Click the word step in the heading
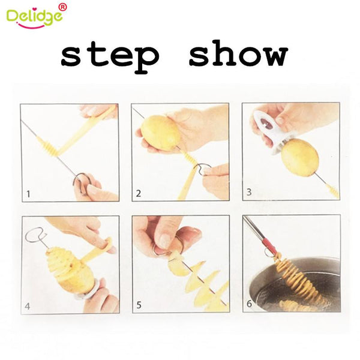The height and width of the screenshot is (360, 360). [x=110, y=55]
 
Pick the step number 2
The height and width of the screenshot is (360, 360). [x=139, y=193]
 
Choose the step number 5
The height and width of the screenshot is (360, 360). [x=139, y=306]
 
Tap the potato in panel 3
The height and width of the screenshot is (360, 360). [x=299, y=157]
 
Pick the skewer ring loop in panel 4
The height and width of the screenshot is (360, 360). [x=34, y=235]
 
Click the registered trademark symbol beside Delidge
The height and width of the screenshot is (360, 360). [x=64, y=7]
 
